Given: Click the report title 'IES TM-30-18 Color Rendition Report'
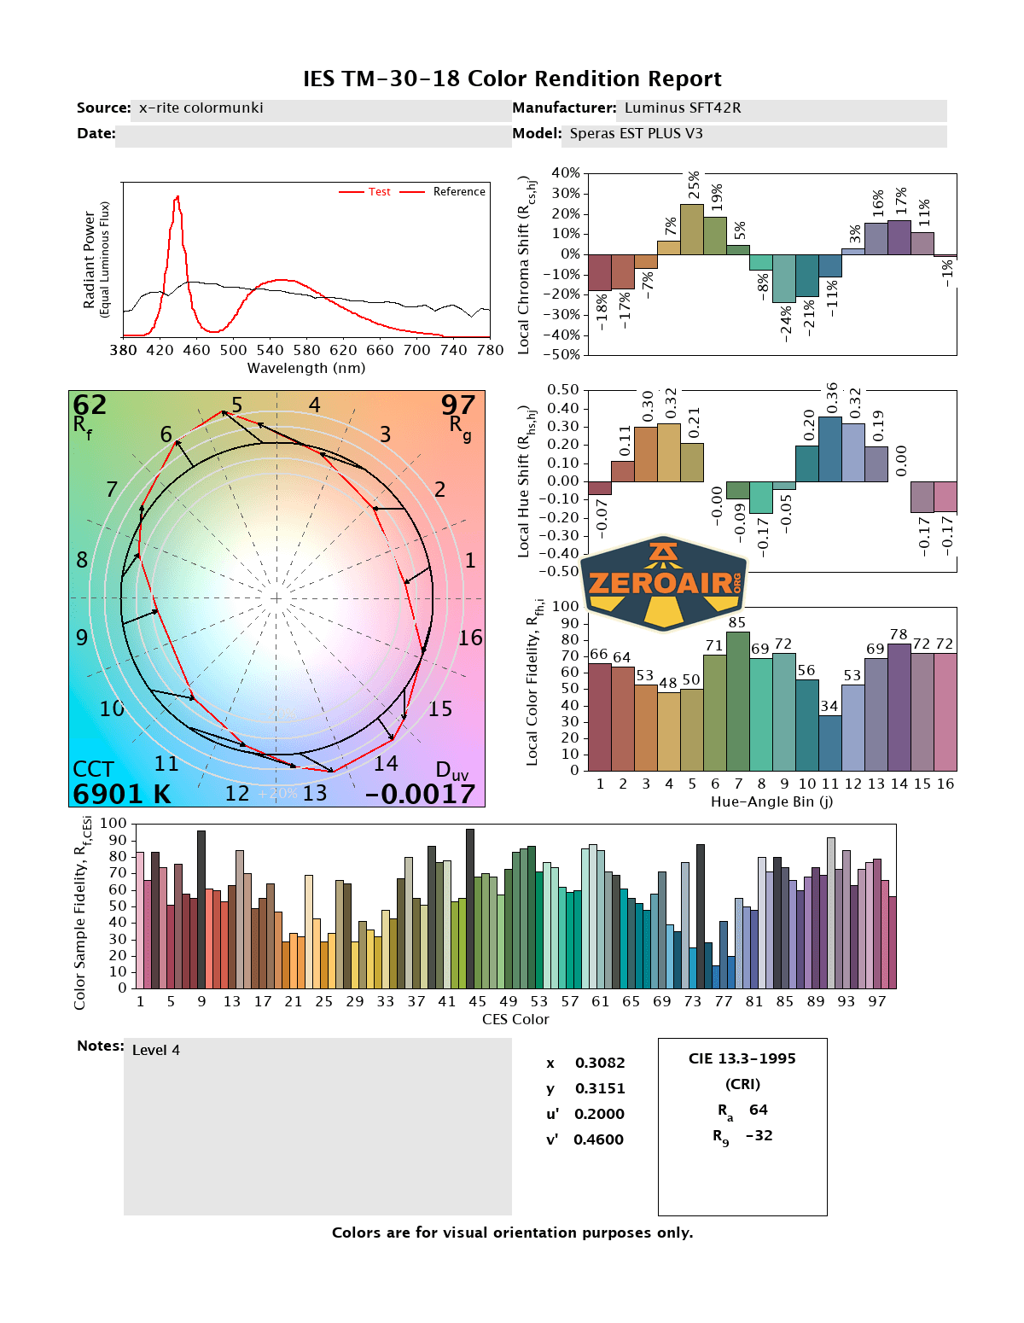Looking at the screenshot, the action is pyautogui.click(x=512, y=79).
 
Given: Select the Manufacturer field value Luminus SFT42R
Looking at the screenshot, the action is pyautogui.click(x=682, y=108).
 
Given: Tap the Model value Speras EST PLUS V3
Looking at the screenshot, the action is pyautogui.click(x=636, y=133).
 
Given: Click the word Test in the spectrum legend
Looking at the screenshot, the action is pyautogui.click(x=379, y=191).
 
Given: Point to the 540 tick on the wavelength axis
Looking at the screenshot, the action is pyautogui.click(x=270, y=350).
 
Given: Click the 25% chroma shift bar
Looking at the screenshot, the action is pyautogui.click(x=692, y=229).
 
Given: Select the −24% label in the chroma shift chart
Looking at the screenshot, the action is pyautogui.click(x=785, y=323).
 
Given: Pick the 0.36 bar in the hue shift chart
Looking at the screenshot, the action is pyautogui.click(x=830, y=449).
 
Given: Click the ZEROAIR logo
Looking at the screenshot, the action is pyautogui.click(x=663, y=583).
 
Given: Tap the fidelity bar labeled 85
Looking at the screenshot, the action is pyautogui.click(x=737, y=701).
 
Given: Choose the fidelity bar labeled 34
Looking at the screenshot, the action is pyautogui.click(x=830, y=743).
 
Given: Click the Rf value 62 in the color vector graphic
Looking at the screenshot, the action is pyautogui.click(x=90, y=405).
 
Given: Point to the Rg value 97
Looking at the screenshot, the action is pyautogui.click(x=457, y=405).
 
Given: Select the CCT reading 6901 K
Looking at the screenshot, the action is pyautogui.click(x=122, y=793).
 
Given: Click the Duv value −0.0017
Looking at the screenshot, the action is pyautogui.click(x=420, y=793).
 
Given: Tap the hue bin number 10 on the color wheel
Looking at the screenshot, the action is pyautogui.click(x=112, y=708).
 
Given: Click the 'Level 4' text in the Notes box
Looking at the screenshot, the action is pyautogui.click(x=156, y=1050).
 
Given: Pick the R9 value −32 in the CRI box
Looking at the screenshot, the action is pyautogui.click(x=759, y=1135).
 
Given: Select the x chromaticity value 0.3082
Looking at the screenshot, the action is pyautogui.click(x=599, y=1063).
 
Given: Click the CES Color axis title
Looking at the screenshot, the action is pyautogui.click(x=515, y=1019).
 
